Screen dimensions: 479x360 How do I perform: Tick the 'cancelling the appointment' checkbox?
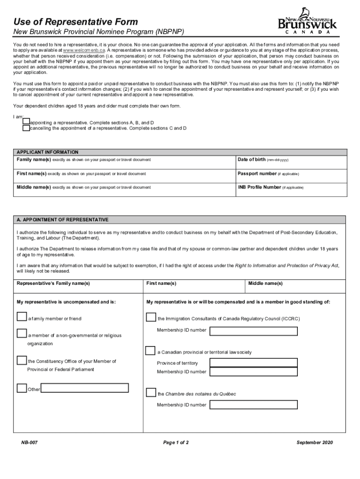tap(26, 128)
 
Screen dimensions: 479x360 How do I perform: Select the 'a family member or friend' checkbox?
tap(22, 317)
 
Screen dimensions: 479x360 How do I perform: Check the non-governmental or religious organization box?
tap(22, 334)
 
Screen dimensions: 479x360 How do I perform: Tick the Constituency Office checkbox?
tap(22, 360)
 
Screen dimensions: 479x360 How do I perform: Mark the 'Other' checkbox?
tap(22, 388)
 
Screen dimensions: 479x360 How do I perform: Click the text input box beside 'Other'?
tap(85, 388)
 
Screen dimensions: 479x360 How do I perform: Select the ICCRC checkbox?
tap(151, 318)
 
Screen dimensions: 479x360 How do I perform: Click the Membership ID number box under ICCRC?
tap(253, 331)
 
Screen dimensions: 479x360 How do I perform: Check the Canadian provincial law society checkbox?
tap(151, 351)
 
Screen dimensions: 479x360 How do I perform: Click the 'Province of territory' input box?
tap(253, 363)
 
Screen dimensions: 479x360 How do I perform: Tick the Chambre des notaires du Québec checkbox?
tap(151, 392)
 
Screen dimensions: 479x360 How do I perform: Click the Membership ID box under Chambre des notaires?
tap(253, 405)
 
